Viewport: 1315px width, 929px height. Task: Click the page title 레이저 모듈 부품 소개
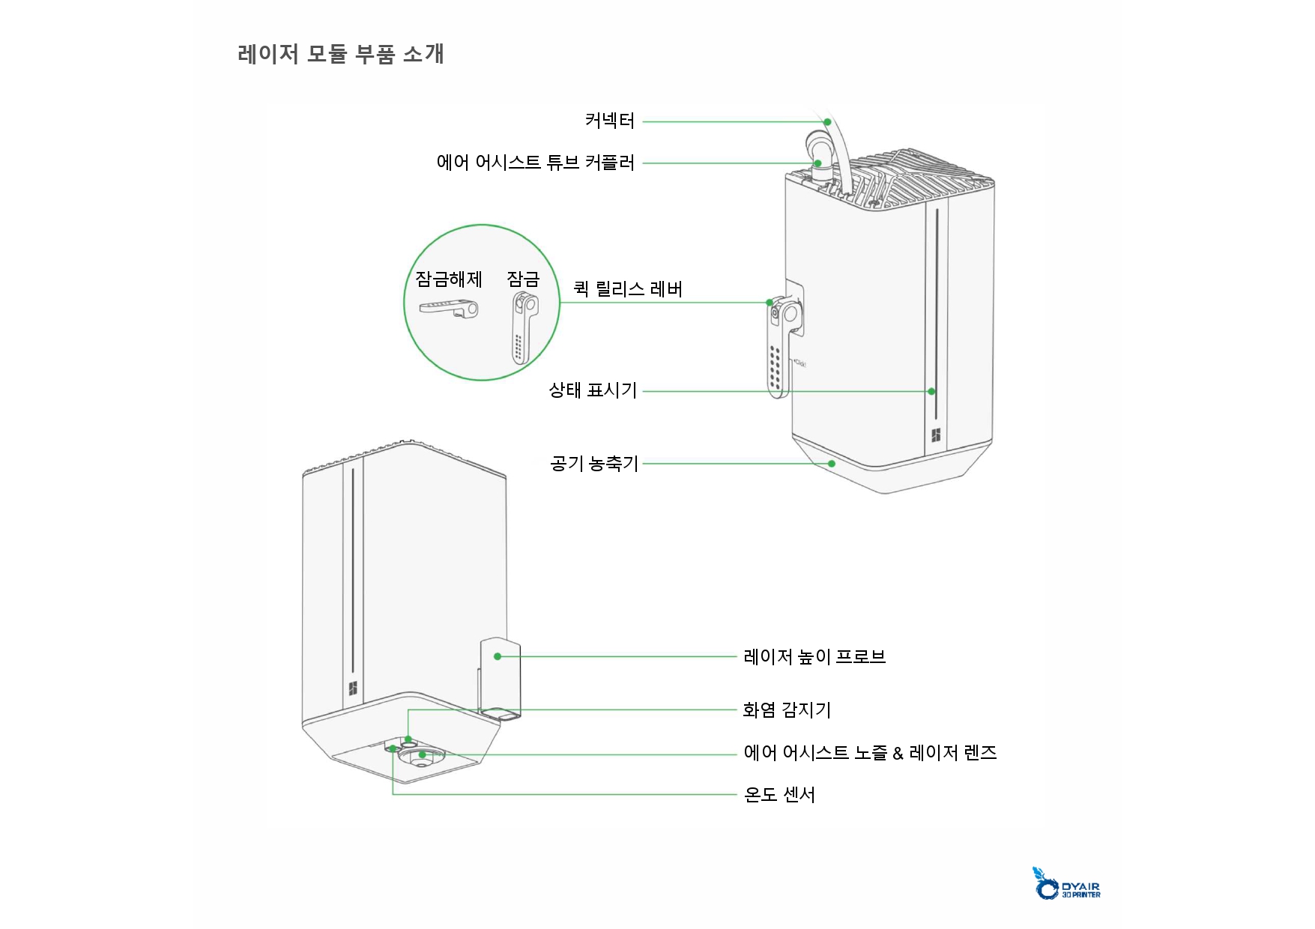(341, 54)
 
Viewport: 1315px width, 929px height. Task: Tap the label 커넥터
(609, 121)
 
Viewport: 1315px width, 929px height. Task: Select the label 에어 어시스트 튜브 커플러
(535, 163)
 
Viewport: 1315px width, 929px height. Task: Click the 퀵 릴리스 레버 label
(628, 289)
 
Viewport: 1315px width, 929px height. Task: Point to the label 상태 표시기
(592, 390)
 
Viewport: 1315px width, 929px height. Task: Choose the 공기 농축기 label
(593, 464)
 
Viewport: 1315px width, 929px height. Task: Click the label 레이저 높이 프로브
(814, 657)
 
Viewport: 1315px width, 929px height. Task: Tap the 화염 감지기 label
(787, 709)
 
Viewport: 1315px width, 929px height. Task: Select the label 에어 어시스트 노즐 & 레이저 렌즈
(870, 753)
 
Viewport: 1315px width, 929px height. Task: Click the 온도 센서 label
(779, 795)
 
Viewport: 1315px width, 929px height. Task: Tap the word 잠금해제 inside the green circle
(449, 279)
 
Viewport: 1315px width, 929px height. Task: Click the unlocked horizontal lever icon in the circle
(449, 308)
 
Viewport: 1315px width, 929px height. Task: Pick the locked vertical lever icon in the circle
(524, 326)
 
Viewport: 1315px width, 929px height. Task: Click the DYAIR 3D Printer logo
(1067, 884)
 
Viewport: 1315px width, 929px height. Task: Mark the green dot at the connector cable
(827, 121)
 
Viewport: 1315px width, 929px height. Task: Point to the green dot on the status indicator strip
(931, 391)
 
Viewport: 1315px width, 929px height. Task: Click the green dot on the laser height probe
(498, 656)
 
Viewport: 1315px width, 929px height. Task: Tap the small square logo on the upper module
(936, 435)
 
